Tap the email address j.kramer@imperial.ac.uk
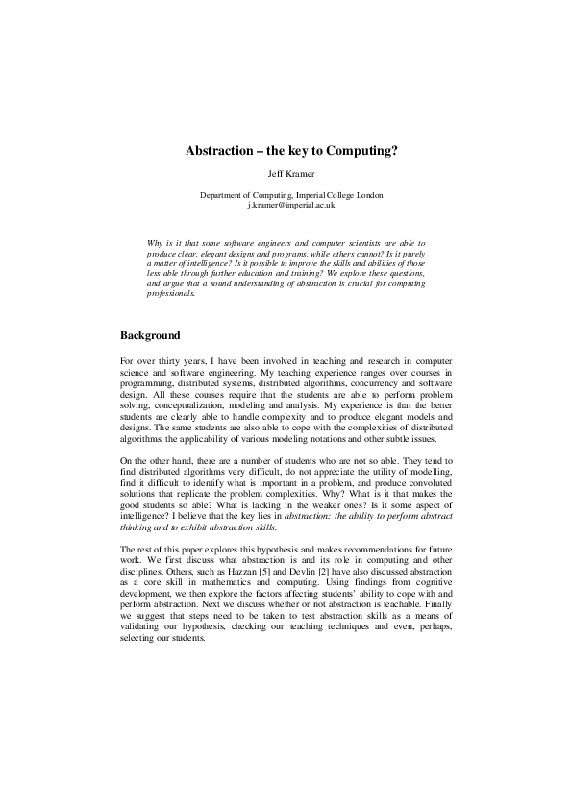(290, 205)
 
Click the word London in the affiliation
(370, 195)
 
